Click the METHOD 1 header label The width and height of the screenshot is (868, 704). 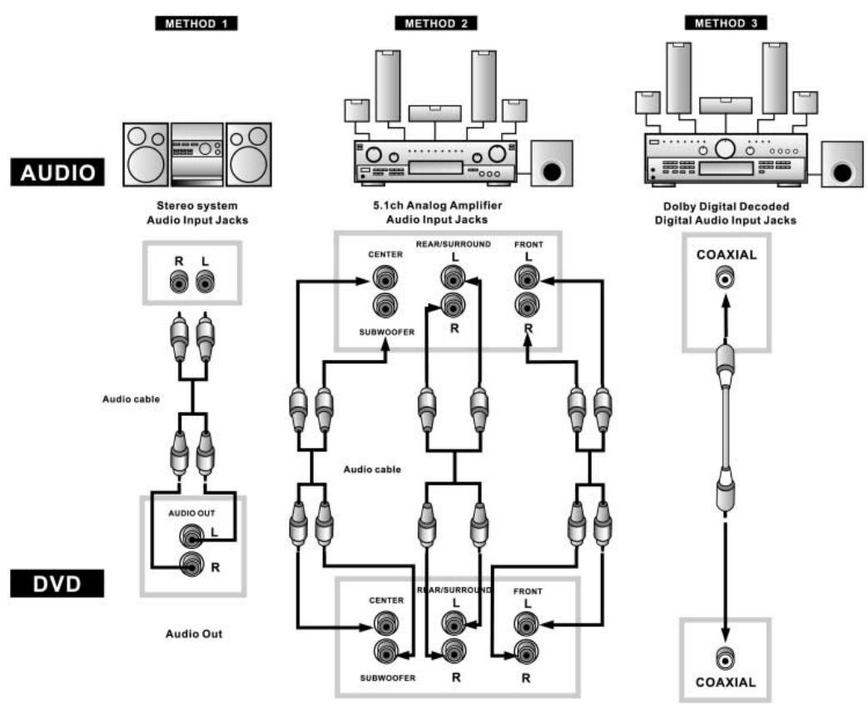(196, 23)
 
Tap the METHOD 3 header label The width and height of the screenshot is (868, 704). (726, 22)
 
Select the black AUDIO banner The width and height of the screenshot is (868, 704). (57, 172)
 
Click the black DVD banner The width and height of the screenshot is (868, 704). (57, 584)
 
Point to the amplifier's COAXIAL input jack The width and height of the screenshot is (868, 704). (726, 277)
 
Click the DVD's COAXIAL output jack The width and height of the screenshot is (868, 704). (726, 659)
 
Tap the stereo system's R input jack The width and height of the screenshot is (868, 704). (179, 282)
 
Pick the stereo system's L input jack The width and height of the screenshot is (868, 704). (206, 282)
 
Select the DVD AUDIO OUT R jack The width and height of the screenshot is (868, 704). (191, 566)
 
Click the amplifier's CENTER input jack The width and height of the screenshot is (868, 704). (384, 277)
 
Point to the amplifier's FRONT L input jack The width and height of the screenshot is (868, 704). (527, 277)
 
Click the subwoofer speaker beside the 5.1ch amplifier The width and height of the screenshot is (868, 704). (552, 163)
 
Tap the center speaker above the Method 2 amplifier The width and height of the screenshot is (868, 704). (435, 113)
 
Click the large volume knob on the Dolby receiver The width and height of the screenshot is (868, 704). (725, 148)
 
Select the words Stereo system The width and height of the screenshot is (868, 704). (197, 206)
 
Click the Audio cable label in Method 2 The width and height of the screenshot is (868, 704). (372, 470)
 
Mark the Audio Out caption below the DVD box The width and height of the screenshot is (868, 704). (194, 633)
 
